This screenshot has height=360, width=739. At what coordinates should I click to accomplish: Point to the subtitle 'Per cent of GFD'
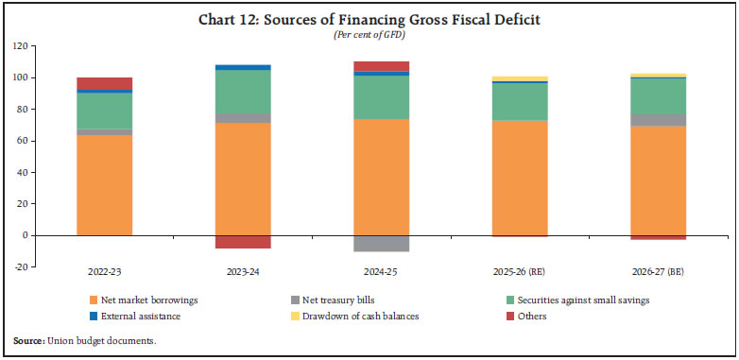point(369,35)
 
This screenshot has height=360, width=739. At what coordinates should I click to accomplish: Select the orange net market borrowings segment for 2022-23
point(105,185)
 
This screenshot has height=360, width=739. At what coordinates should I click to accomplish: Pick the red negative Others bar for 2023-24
point(244,242)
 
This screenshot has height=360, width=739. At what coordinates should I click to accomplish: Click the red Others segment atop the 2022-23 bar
point(105,83)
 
